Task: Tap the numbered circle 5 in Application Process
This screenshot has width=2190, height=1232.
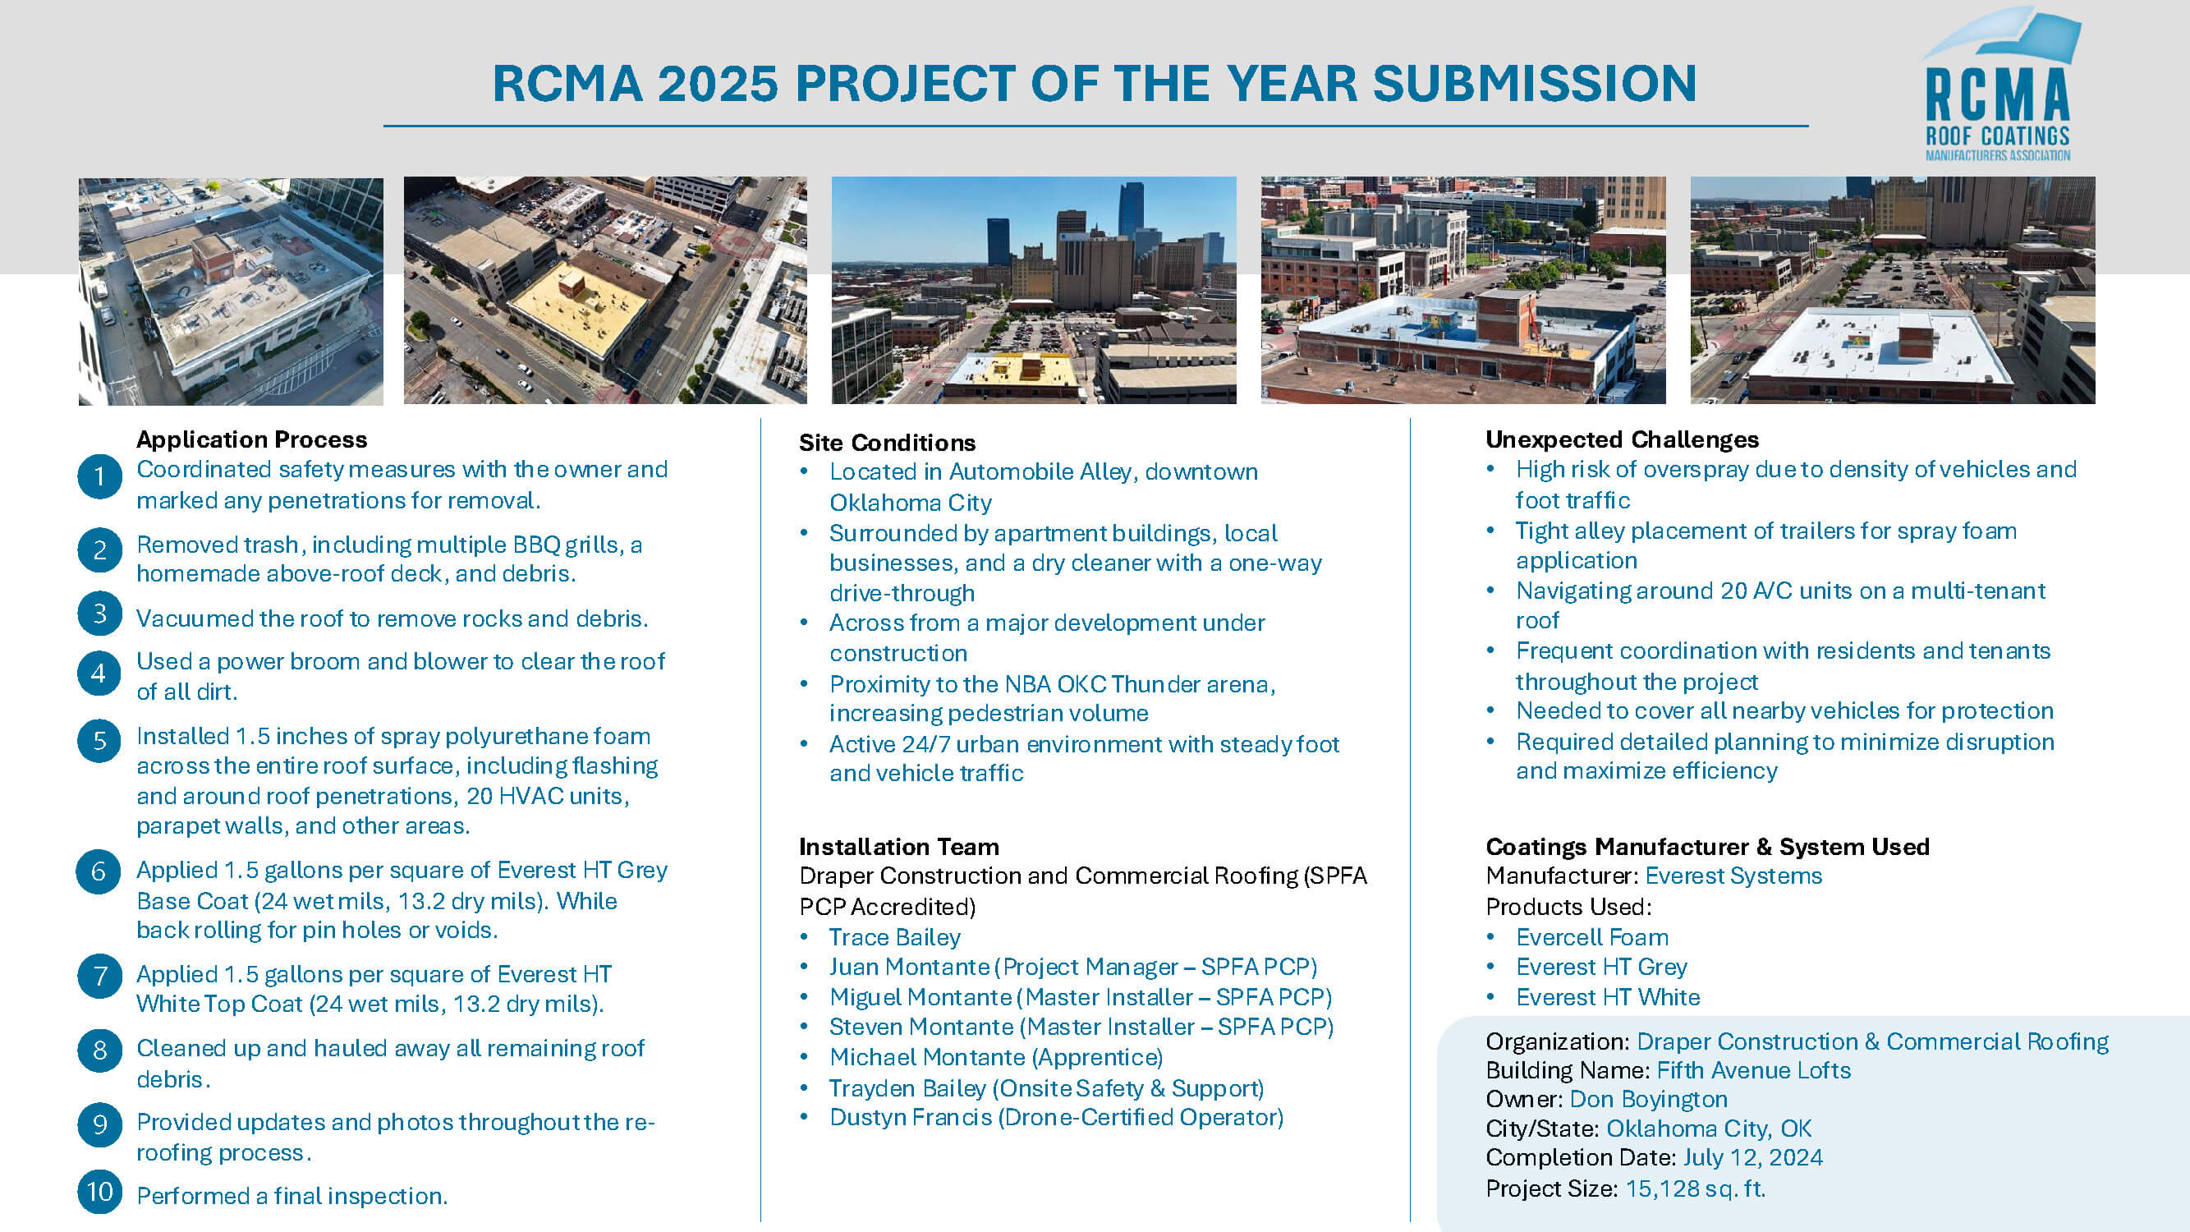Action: [x=99, y=741]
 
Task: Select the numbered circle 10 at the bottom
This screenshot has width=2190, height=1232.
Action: [x=99, y=1192]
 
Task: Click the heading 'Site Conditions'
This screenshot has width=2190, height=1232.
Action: [x=887, y=442]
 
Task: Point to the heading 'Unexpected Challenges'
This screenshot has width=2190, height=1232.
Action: [x=1622, y=439]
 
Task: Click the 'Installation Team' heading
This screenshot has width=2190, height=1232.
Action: [x=898, y=847]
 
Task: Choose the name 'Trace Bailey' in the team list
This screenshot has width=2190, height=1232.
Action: [x=894, y=937]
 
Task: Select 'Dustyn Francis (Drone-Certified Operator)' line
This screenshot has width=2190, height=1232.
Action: [x=1056, y=1117]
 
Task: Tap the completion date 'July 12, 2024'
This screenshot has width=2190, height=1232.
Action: [x=1753, y=1157]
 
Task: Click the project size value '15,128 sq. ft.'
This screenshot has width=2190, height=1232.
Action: [x=1695, y=1188]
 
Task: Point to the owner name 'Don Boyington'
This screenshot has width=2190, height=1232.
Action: [x=1648, y=1100]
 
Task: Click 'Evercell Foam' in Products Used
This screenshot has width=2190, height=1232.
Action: [x=1592, y=937]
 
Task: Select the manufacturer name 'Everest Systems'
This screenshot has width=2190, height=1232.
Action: [x=1733, y=876]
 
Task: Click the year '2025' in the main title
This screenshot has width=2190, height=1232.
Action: [x=718, y=83]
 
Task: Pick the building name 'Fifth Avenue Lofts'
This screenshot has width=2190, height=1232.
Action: [x=1754, y=1070]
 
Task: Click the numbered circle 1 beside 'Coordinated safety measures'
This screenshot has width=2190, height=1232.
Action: [x=99, y=476]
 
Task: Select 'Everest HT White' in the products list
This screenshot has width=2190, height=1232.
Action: [x=1609, y=997]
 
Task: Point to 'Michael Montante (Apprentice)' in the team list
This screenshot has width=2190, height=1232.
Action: [x=996, y=1057]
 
